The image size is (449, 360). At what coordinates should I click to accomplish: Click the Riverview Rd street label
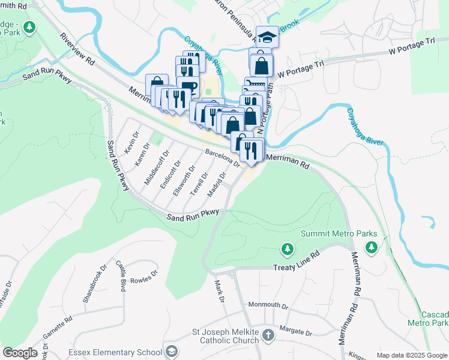77,49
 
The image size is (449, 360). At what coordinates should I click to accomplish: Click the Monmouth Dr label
268,305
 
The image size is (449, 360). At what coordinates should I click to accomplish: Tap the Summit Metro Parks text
339,233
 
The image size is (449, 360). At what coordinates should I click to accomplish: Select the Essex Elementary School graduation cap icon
172,351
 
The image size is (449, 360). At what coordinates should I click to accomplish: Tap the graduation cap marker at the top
267,37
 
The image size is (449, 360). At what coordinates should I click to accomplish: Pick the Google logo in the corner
20,353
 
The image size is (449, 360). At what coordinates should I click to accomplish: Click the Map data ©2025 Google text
412,355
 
